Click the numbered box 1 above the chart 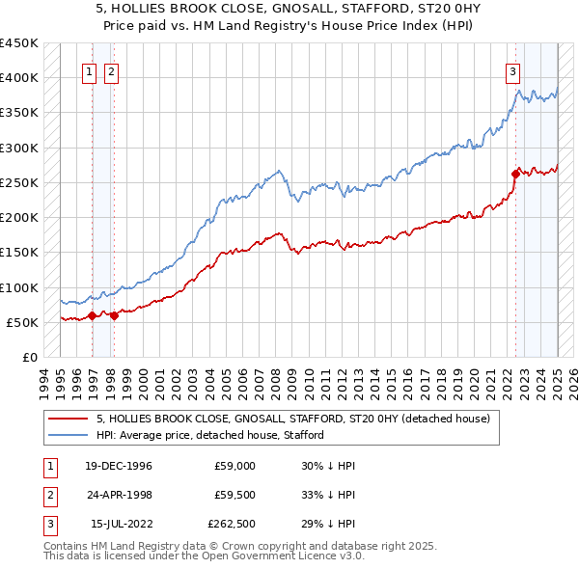tap(89, 70)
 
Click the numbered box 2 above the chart tap(111, 70)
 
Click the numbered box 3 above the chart tap(512, 70)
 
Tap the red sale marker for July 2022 tap(515, 174)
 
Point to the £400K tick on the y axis tap(21, 78)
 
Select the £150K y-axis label tap(21, 253)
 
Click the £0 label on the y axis tap(29, 357)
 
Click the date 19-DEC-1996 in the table tap(117, 466)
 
